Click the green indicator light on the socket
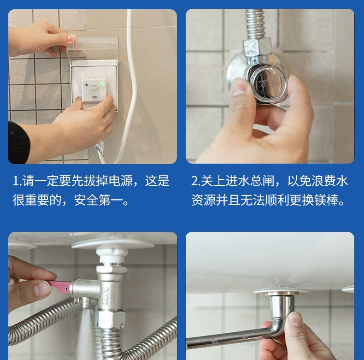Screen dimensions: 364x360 click(x=101, y=84)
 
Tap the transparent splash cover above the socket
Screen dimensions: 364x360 click(x=93, y=49)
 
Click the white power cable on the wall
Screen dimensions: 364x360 click(x=130, y=88)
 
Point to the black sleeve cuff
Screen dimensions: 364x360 click(x=18, y=142)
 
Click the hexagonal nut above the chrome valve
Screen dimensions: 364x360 click(x=257, y=48)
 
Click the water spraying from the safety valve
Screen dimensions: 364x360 click(x=85, y=335)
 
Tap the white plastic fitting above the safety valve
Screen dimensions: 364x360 click(x=112, y=255)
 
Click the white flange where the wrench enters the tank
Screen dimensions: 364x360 click(x=282, y=290)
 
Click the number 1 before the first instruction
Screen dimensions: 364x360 click(x=16, y=181)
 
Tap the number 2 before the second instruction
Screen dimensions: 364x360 click(x=194, y=181)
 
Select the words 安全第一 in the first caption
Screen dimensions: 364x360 click(x=99, y=200)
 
